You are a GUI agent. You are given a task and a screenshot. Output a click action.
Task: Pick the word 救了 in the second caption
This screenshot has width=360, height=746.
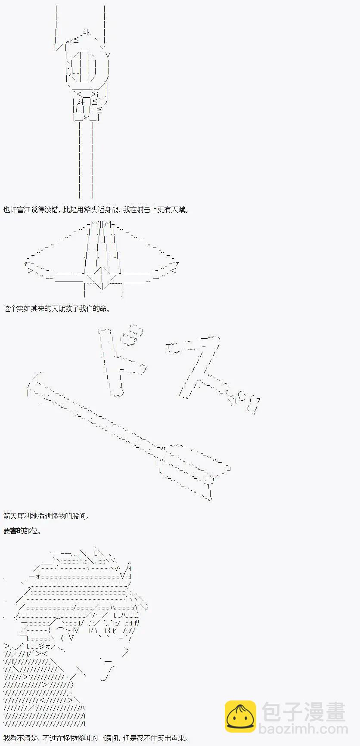click(72, 309)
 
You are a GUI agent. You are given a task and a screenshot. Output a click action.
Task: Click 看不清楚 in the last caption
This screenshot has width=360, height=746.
click(24, 738)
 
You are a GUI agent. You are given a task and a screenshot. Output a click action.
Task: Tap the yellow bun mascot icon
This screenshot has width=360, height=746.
click(240, 717)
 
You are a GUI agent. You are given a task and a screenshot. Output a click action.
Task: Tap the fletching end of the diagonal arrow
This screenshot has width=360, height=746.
click(194, 474)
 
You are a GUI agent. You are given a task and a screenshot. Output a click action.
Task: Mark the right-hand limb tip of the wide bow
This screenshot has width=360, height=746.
click(177, 264)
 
